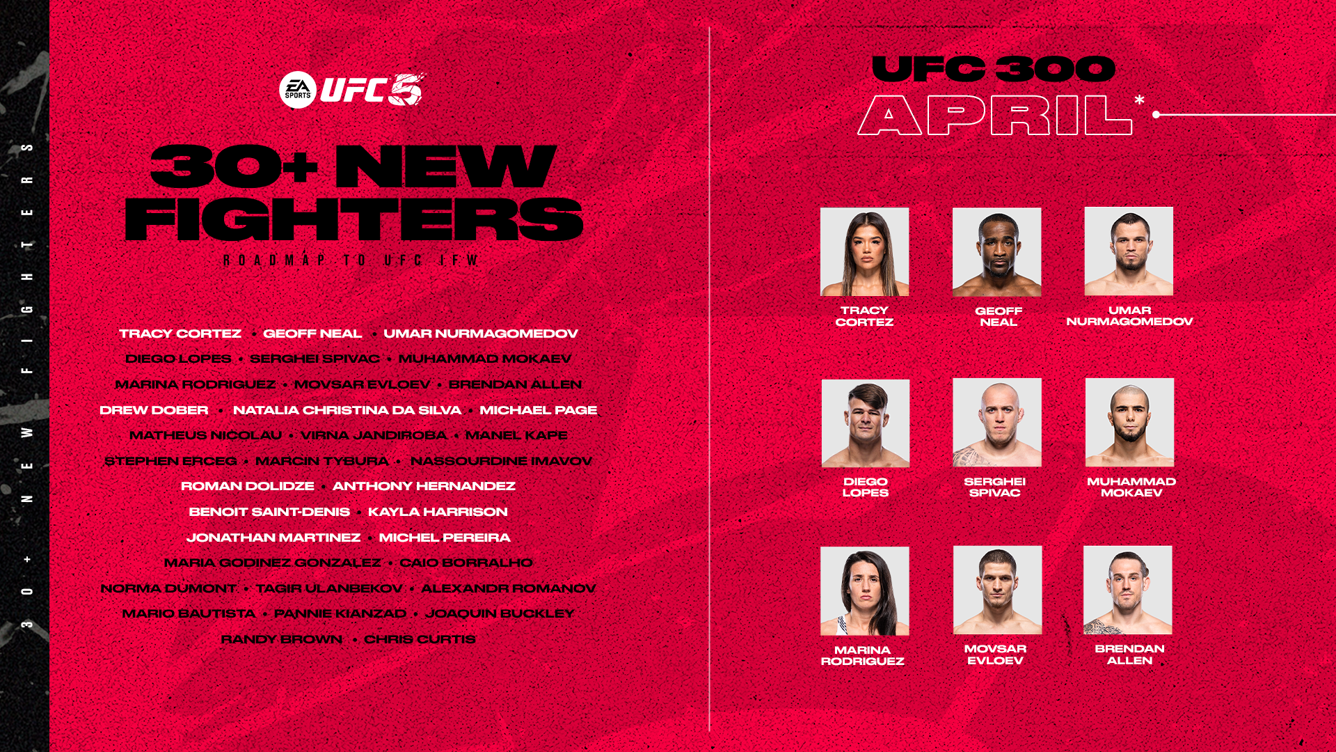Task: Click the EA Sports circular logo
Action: (298, 90)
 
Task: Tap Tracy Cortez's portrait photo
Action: (864, 251)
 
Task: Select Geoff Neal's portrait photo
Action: (996, 251)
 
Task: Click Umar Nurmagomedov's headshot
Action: (1129, 251)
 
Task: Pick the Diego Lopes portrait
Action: (865, 423)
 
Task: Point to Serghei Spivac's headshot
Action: (996, 422)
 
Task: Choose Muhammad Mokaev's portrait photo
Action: (1129, 422)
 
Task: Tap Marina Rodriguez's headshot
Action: (864, 590)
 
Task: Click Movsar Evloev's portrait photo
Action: (997, 590)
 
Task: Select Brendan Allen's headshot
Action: (1127, 590)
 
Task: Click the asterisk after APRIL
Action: (1139, 101)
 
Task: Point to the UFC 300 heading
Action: (993, 69)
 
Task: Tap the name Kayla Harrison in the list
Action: (438, 512)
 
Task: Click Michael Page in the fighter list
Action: (538, 410)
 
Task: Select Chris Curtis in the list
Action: (420, 639)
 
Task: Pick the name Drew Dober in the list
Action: (154, 410)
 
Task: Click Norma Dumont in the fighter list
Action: (168, 588)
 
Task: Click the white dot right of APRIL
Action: (1156, 114)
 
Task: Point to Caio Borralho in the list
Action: (466, 563)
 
